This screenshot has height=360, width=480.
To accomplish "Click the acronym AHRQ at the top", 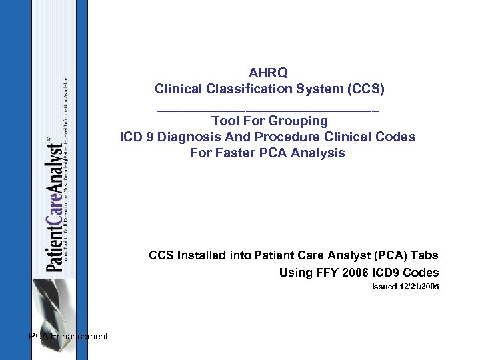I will click(x=268, y=73).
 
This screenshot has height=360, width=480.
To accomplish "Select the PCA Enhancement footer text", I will click(x=69, y=337).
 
